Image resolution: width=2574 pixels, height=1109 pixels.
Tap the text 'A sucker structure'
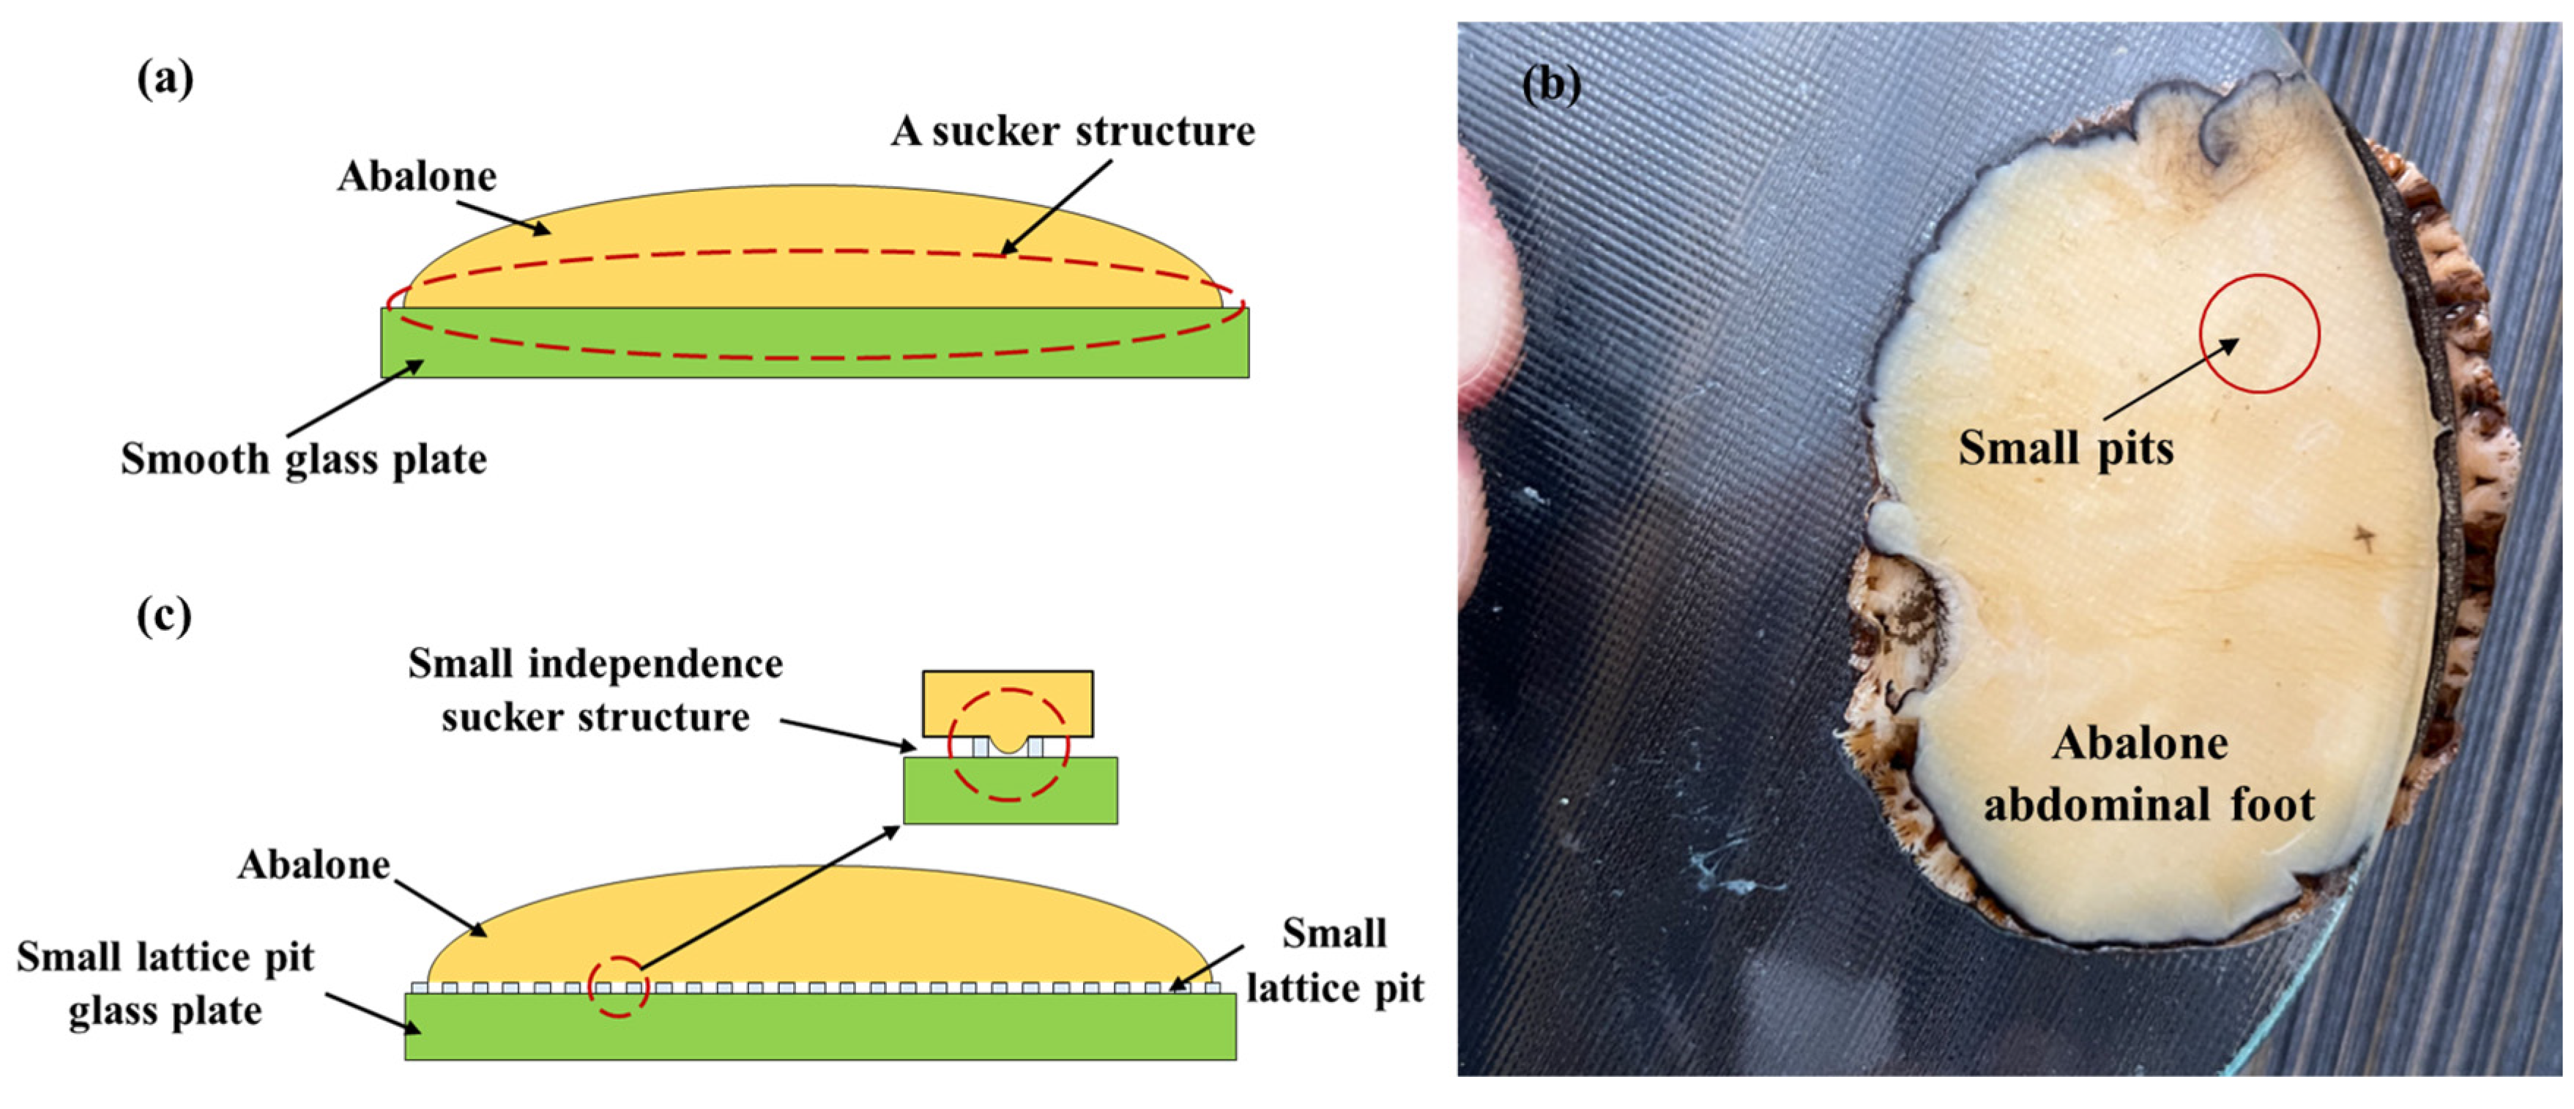tap(1073, 132)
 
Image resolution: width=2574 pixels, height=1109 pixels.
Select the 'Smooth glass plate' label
tap(304, 459)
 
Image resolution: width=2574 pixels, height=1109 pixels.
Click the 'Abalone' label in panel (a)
tap(417, 177)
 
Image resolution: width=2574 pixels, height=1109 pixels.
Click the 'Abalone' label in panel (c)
tap(313, 865)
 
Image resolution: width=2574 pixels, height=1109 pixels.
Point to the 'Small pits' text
tap(2065, 448)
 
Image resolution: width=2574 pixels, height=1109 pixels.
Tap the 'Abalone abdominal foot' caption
tap(2149, 774)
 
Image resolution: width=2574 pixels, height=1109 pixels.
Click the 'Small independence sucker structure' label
tap(595, 690)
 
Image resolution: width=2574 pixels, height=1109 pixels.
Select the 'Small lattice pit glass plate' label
tap(166, 984)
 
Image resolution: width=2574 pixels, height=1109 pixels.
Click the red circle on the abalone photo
tap(2261, 334)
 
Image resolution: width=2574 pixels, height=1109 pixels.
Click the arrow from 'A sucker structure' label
tap(1057, 206)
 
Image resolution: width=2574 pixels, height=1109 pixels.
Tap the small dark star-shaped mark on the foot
tap(2364, 538)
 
